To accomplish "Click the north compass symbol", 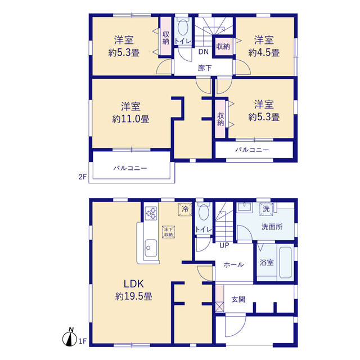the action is pyautogui.click(x=70, y=337).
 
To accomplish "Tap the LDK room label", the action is pyautogui.click(x=134, y=284).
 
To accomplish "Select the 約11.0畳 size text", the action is pyautogui.click(x=130, y=119).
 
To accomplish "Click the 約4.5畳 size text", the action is pyautogui.click(x=264, y=53).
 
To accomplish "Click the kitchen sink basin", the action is pyautogui.click(x=151, y=248).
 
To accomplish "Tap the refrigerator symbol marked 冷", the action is pyautogui.click(x=185, y=209).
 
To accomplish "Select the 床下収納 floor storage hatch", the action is pyautogui.click(x=169, y=232).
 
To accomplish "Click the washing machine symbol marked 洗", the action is pyautogui.click(x=266, y=209).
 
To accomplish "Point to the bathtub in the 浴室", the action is pyautogui.click(x=286, y=263).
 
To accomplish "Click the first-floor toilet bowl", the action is pyautogui.click(x=204, y=213).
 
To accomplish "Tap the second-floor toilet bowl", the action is pyautogui.click(x=183, y=28).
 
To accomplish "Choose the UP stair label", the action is pyautogui.click(x=224, y=245).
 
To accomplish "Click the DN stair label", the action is pyautogui.click(x=204, y=52).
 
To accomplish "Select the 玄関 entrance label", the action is pyautogui.click(x=238, y=299).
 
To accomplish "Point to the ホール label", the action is pyautogui.click(x=233, y=265).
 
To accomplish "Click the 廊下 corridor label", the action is pyautogui.click(x=205, y=68).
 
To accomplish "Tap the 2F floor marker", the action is pyautogui.click(x=83, y=177).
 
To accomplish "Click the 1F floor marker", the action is pyautogui.click(x=83, y=341).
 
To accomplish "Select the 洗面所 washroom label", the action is pyautogui.click(x=272, y=227).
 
